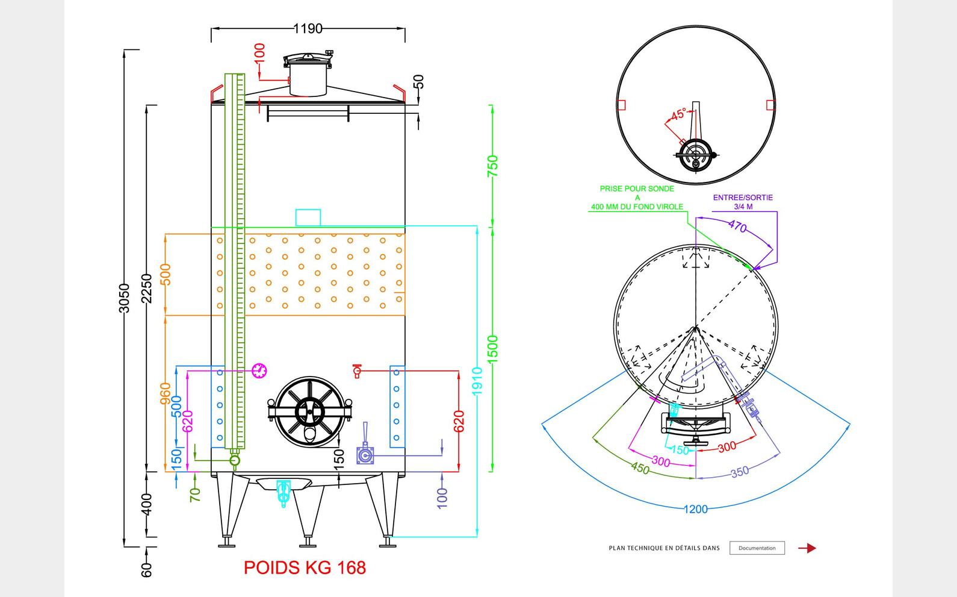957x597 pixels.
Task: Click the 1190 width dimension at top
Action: (x=308, y=28)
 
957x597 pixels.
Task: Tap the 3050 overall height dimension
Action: (x=124, y=298)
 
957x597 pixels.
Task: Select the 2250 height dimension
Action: (x=147, y=289)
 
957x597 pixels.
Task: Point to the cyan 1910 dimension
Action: (x=477, y=381)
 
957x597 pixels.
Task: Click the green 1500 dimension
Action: (x=492, y=349)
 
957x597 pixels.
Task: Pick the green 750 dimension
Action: (x=492, y=166)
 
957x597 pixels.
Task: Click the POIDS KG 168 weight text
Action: (x=305, y=567)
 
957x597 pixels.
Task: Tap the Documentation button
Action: (x=757, y=548)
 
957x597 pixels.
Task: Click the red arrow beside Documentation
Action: (x=807, y=548)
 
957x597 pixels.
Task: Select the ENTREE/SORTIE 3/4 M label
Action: (x=743, y=202)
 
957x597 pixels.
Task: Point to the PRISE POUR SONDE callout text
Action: (x=637, y=198)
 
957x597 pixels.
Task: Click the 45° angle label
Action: (x=678, y=114)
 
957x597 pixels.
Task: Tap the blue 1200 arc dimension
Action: (x=695, y=509)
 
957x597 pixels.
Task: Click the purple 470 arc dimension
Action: (x=737, y=227)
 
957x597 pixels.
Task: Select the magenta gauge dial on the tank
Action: (x=259, y=370)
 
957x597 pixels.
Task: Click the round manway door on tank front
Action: (x=309, y=412)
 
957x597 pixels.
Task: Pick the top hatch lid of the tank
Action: (x=308, y=60)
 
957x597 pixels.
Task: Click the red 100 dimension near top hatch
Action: (x=259, y=53)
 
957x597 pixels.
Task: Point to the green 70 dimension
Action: (x=195, y=495)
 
